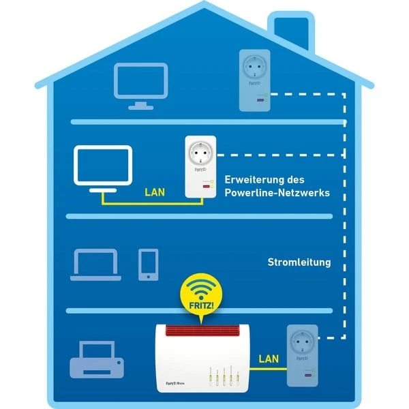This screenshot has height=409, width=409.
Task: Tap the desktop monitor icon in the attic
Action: [x=140, y=83]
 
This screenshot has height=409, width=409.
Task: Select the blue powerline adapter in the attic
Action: [x=253, y=80]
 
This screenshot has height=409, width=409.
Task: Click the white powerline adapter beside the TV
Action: [x=200, y=167]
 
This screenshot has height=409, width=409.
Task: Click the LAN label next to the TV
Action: [x=155, y=192]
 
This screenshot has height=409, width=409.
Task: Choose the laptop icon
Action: [x=95, y=264]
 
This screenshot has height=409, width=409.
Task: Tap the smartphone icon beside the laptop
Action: [x=148, y=264]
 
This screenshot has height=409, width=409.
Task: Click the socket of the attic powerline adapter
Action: [x=253, y=67]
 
